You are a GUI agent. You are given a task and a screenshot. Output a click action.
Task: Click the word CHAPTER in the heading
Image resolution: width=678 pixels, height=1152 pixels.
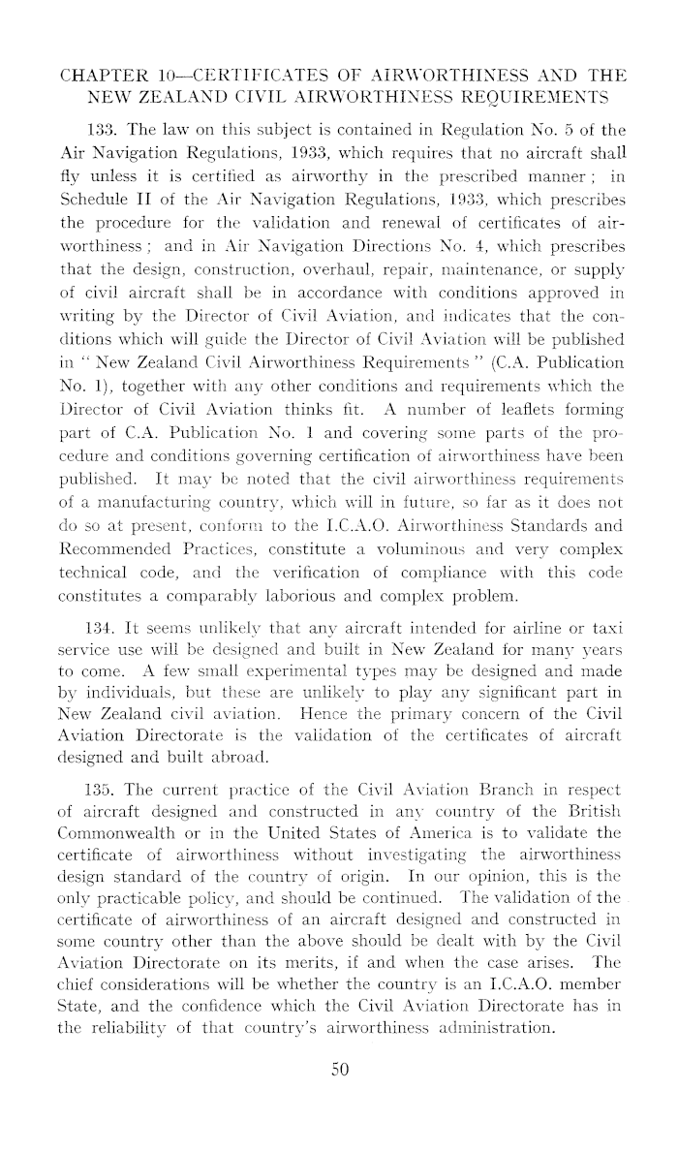point(102,75)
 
